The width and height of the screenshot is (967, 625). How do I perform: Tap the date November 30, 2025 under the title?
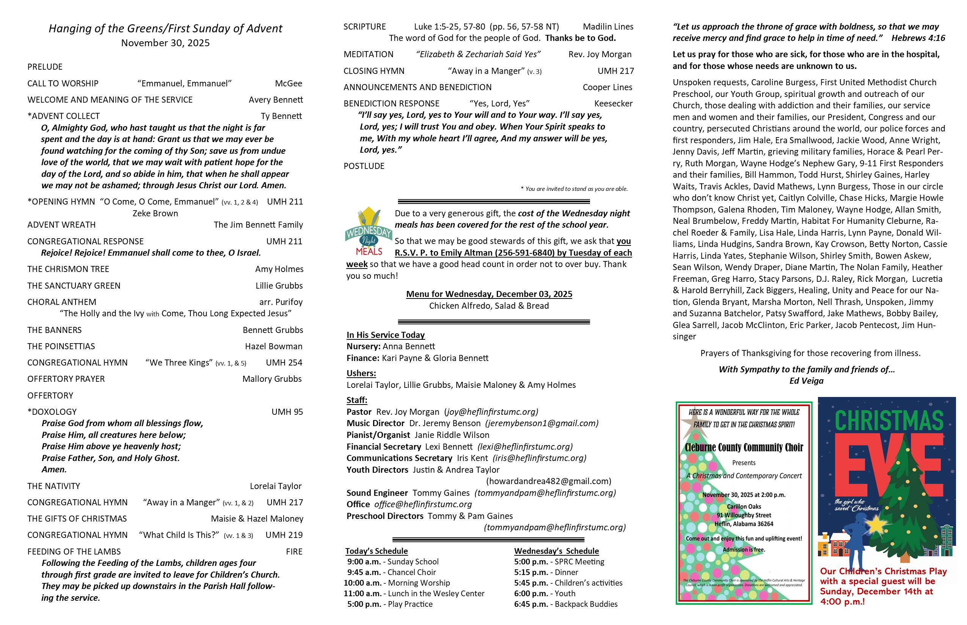pos(165,43)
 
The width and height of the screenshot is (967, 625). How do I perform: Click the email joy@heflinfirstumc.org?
pos(491,412)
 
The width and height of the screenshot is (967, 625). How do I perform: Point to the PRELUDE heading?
pos(45,67)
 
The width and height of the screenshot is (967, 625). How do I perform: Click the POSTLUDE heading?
pos(364,166)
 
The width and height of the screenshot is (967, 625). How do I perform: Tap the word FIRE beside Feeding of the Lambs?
pos(294,552)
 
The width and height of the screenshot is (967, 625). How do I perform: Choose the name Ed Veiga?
pos(806,381)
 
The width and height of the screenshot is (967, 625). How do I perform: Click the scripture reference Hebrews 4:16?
pos(918,38)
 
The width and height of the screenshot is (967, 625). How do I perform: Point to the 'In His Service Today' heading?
pos(385,335)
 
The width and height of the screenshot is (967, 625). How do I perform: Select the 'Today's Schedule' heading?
pos(376,551)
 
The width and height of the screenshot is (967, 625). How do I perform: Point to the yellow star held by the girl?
pos(876,524)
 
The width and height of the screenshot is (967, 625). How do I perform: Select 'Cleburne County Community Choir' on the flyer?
pos(744,448)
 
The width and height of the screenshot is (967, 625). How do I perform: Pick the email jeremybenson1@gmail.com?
pos(542,424)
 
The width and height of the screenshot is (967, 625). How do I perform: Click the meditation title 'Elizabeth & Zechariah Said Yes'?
pos(478,55)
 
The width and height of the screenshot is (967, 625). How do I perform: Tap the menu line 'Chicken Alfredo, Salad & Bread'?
pos(489,306)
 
